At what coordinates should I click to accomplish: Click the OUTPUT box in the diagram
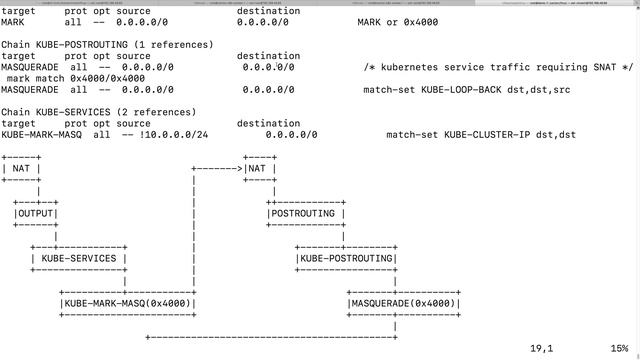(36, 213)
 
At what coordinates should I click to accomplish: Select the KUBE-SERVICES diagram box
(79, 258)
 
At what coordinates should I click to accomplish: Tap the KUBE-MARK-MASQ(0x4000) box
(127, 303)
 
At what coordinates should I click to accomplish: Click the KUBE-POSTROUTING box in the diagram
(346, 258)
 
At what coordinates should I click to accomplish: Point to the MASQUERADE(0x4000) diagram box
(403, 303)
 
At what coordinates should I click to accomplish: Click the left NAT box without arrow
(21, 168)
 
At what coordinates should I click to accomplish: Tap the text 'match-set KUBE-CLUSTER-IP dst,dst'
(480, 134)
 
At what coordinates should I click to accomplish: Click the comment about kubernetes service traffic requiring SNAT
(498, 67)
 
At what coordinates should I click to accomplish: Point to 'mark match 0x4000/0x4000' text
(75, 78)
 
